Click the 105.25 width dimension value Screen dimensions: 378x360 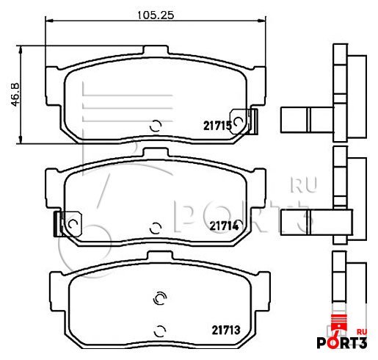(x=156, y=15)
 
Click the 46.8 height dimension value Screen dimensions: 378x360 (x=15, y=95)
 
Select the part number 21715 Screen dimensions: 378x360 (x=217, y=126)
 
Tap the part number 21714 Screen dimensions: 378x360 (x=224, y=226)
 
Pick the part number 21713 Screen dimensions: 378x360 (x=226, y=330)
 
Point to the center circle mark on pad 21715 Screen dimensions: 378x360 (x=156, y=126)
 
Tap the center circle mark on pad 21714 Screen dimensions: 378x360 (x=156, y=228)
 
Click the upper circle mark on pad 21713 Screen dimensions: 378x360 (x=159, y=298)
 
